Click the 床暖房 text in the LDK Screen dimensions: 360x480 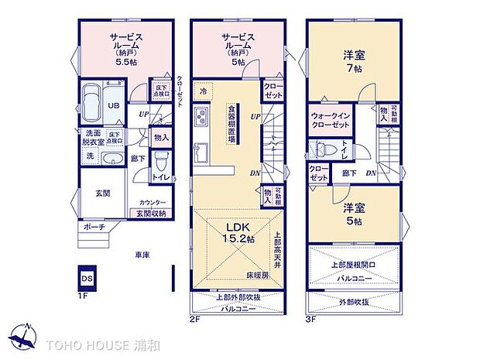pyautogui.click(x=258, y=275)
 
